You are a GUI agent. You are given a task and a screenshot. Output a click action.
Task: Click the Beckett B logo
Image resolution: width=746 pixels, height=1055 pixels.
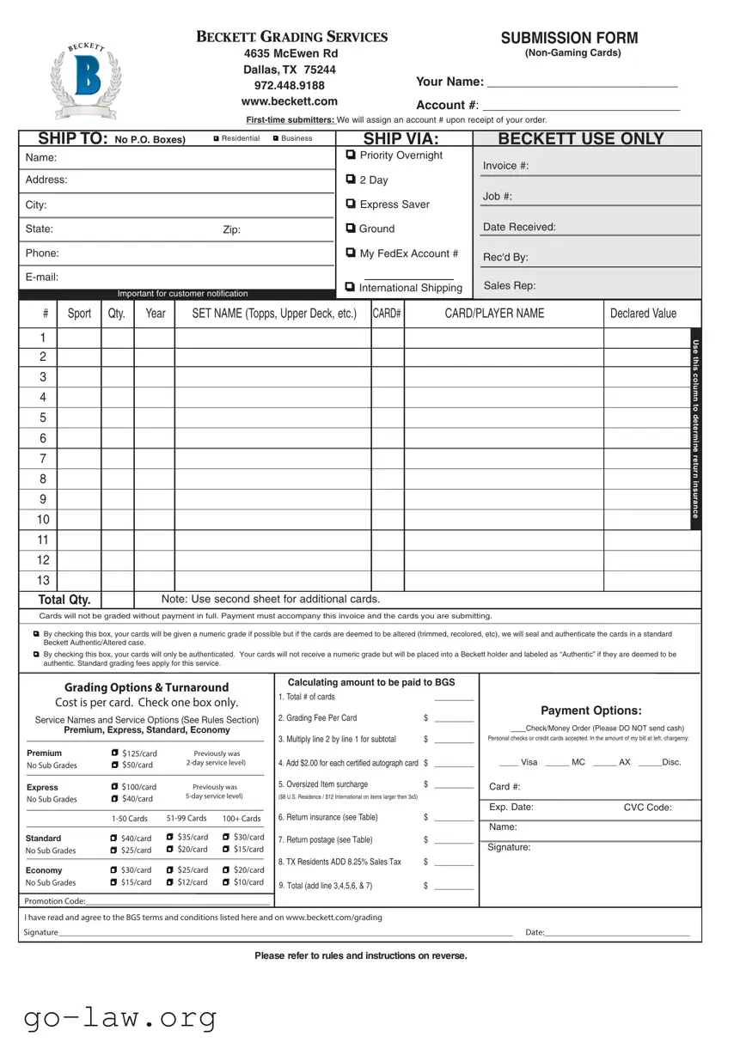point(88,76)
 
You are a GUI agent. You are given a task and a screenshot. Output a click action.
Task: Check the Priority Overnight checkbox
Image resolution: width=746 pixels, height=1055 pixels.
point(351,155)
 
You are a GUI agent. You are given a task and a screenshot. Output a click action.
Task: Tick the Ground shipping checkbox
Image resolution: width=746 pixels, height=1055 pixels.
point(351,229)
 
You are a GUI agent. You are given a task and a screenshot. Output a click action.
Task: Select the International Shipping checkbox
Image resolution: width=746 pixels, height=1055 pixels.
point(350,287)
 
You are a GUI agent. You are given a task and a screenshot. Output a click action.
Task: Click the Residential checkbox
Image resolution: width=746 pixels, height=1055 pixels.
point(216,138)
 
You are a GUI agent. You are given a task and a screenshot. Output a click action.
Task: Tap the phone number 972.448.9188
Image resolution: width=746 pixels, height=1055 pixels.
point(290,85)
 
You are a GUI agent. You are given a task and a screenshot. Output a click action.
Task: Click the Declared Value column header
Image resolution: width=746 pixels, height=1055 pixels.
point(643,314)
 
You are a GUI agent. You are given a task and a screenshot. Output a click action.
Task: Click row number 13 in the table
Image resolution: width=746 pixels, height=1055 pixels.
point(43,581)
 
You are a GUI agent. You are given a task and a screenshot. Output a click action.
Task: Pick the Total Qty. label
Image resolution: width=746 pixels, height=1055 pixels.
point(64,600)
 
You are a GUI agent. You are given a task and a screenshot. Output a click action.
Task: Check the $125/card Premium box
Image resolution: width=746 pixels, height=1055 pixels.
point(115,753)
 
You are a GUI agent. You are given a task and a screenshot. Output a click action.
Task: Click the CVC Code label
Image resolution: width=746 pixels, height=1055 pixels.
point(647,808)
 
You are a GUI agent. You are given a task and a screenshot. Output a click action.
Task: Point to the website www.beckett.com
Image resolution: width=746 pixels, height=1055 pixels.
point(290,101)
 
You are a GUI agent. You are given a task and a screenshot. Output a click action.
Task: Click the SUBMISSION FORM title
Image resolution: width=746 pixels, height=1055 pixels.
point(569,38)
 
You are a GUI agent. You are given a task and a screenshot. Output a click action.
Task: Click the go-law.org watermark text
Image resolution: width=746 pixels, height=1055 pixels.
point(120,1018)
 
